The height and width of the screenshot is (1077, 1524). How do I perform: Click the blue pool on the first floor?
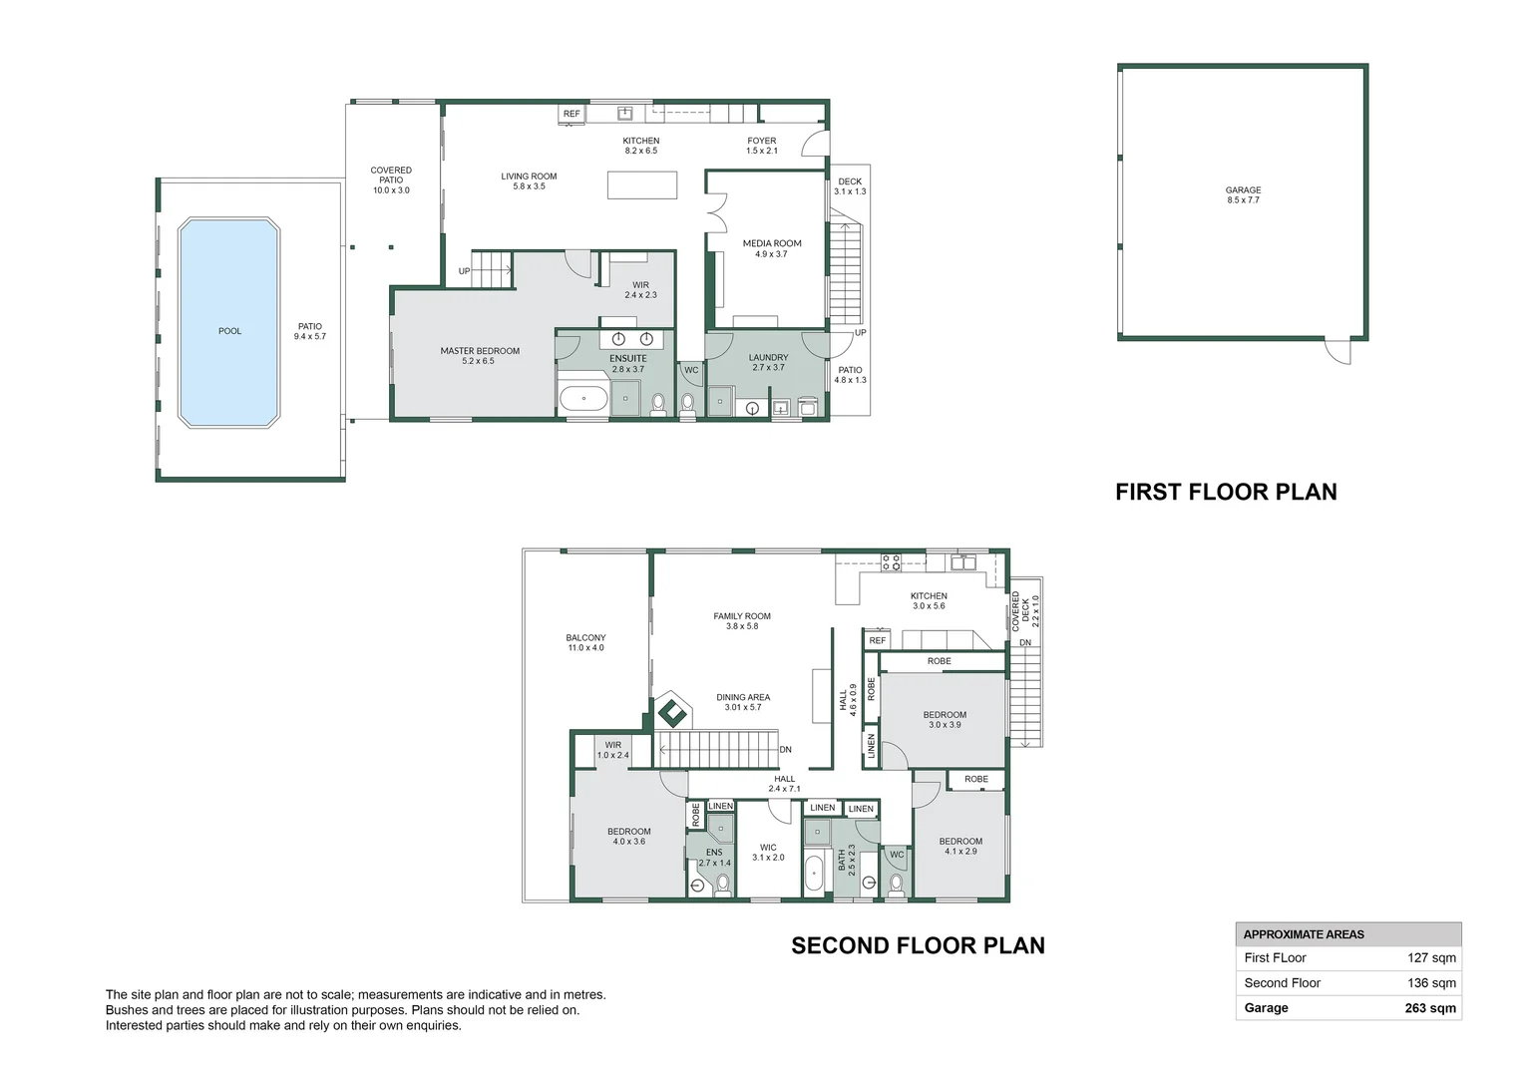(x=229, y=322)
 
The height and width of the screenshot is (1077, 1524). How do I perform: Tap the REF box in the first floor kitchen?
(x=571, y=114)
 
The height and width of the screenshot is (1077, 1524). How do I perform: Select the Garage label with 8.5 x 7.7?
(x=1243, y=195)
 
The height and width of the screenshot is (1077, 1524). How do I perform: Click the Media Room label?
(x=772, y=248)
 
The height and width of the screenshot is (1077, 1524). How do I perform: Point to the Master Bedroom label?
(x=480, y=356)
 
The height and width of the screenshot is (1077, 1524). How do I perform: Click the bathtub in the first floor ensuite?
(x=583, y=399)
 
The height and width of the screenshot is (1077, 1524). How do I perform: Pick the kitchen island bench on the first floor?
(x=642, y=185)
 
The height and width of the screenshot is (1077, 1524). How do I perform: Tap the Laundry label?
(x=768, y=362)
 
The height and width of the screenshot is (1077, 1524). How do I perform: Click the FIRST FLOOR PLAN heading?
(x=1226, y=492)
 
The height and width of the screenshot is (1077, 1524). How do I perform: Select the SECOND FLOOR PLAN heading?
(x=918, y=945)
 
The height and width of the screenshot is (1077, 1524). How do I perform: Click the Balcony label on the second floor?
(x=585, y=643)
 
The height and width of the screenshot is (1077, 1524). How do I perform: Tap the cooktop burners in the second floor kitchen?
(x=891, y=562)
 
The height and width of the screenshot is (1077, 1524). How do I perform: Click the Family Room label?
(x=742, y=621)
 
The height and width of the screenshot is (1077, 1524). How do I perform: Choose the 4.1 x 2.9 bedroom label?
(x=960, y=846)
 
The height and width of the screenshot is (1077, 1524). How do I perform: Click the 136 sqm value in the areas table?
(x=1431, y=983)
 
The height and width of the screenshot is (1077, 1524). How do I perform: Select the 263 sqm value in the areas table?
(x=1430, y=1008)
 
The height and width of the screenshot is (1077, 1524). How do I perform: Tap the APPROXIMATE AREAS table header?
(x=1304, y=934)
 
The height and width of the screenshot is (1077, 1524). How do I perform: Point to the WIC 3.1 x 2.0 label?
(x=768, y=853)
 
